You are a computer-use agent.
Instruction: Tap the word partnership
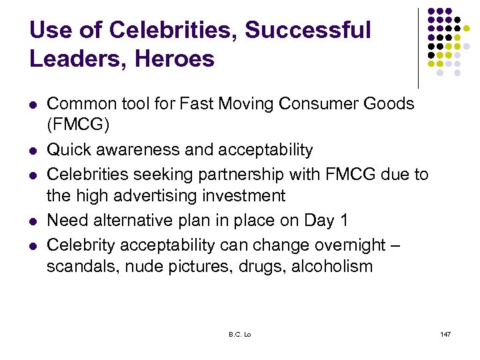coord(229,175)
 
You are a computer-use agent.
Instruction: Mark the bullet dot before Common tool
coord(32,105)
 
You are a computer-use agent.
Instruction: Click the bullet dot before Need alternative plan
coord(32,221)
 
